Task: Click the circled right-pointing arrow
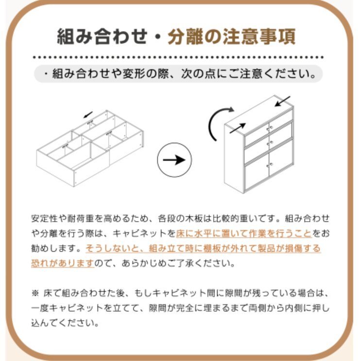[175, 160]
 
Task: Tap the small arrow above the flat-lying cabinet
[88, 115]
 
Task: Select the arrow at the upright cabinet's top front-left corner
[237, 128]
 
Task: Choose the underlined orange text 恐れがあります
[63, 264]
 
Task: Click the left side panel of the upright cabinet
[233, 160]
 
